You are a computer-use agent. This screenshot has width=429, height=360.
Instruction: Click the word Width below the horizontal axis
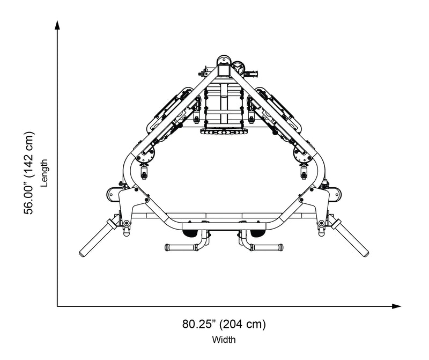pos(224,340)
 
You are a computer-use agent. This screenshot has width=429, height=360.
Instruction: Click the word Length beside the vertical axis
pos(45,173)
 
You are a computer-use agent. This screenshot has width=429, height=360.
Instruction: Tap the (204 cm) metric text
pos(245,324)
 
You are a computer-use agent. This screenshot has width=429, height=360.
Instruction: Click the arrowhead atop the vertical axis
pos(57,24)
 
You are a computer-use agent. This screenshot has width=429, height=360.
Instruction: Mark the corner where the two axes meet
pos(57,306)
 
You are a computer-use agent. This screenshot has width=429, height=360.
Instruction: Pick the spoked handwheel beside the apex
pos(238,68)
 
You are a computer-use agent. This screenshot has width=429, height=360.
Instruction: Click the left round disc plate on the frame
pos(145,155)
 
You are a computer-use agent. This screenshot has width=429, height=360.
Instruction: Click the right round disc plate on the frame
pos(302,155)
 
